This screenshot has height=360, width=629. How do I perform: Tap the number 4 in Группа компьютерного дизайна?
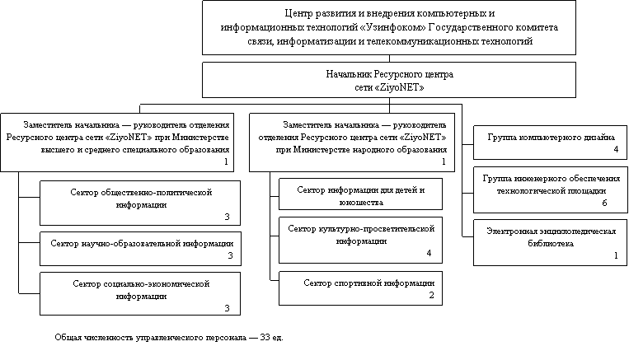pos(616,149)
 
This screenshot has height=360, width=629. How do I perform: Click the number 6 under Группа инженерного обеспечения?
pos(604,203)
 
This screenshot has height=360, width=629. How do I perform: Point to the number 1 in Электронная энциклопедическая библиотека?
pos(616,255)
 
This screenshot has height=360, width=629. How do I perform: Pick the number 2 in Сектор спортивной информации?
pos(431,295)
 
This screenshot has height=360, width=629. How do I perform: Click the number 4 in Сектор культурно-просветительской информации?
pos(429,253)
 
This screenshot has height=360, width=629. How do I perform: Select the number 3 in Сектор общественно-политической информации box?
pos(227,217)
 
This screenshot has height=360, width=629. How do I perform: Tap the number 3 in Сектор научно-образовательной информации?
pos(230,255)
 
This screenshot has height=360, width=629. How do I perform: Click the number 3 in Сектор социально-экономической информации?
pos(227,308)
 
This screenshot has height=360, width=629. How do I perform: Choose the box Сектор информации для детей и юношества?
pos(360,194)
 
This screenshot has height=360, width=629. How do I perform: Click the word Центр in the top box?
pos(296,13)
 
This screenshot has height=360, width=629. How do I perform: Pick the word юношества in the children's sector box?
pos(361,203)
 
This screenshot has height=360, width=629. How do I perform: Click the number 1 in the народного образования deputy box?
pos(444,161)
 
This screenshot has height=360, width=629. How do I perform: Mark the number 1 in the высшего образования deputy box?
pos(226,161)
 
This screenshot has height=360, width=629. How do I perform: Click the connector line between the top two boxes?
pos(389,58)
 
